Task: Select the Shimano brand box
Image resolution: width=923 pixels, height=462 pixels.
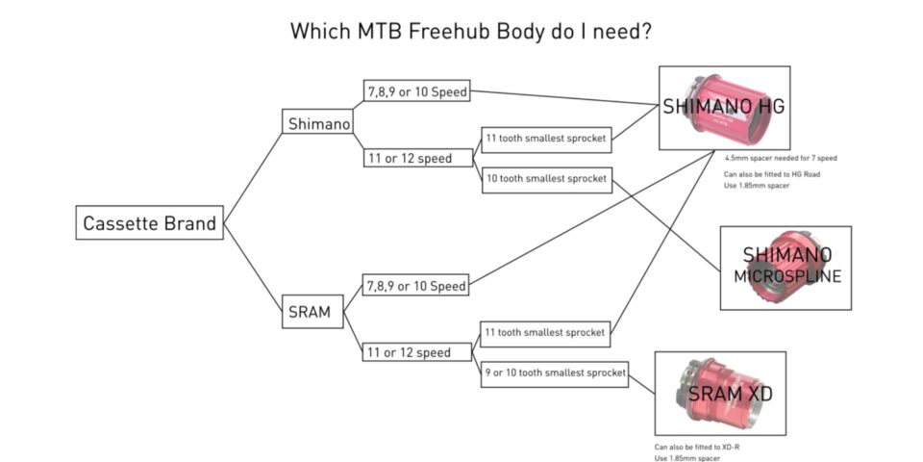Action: click(x=318, y=123)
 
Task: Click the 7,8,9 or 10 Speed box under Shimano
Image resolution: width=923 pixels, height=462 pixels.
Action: click(x=416, y=92)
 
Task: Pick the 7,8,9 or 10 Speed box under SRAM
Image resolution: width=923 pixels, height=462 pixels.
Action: click(x=416, y=286)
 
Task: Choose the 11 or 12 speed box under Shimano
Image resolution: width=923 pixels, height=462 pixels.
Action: click(x=408, y=158)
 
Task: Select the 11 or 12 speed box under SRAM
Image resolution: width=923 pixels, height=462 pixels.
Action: click(x=408, y=352)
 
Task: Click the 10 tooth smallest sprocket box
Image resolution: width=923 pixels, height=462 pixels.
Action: click(x=546, y=179)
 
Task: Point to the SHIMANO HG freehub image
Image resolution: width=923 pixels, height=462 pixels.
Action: click(x=723, y=107)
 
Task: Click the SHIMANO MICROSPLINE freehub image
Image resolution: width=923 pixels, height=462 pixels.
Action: click(x=785, y=267)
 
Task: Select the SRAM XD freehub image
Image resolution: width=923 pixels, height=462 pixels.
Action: click(x=719, y=393)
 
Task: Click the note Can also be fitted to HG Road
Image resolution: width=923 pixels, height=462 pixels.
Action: click(x=771, y=174)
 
